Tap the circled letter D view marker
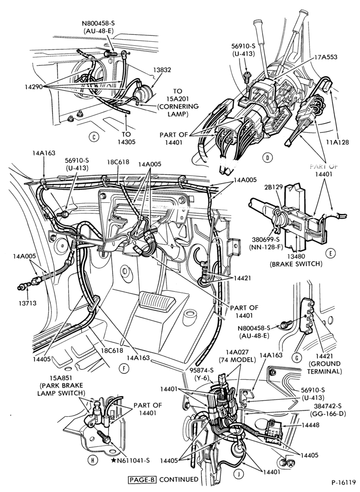267,157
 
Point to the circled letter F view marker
124,369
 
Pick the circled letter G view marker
297,357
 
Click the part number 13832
162,70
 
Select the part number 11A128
337,142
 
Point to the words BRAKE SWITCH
296,264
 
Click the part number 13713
27,304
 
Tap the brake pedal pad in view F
156,301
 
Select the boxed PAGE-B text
142,479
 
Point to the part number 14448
311,425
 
